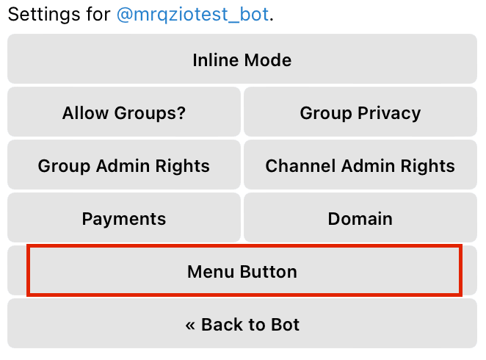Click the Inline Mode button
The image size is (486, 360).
click(242, 59)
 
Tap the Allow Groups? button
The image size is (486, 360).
click(124, 112)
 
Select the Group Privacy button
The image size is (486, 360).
click(360, 112)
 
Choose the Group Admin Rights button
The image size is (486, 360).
click(124, 165)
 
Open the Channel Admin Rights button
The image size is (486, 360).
click(360, 165)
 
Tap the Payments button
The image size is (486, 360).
click(124, 217)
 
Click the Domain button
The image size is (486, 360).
click(360, 217)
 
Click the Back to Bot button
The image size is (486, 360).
click(242, 323)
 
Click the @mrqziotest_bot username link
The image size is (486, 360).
click(192, 15)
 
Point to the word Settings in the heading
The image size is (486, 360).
click(44, 15)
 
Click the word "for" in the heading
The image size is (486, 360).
click(98, 15)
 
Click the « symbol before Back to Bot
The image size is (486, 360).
click(190, 325)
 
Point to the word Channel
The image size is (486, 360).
click(301, 165)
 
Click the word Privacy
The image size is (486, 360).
click(389, 113)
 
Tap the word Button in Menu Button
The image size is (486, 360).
click(269, 272)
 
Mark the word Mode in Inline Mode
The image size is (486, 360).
click(268, 60)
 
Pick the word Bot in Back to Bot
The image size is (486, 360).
click(285, 325)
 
